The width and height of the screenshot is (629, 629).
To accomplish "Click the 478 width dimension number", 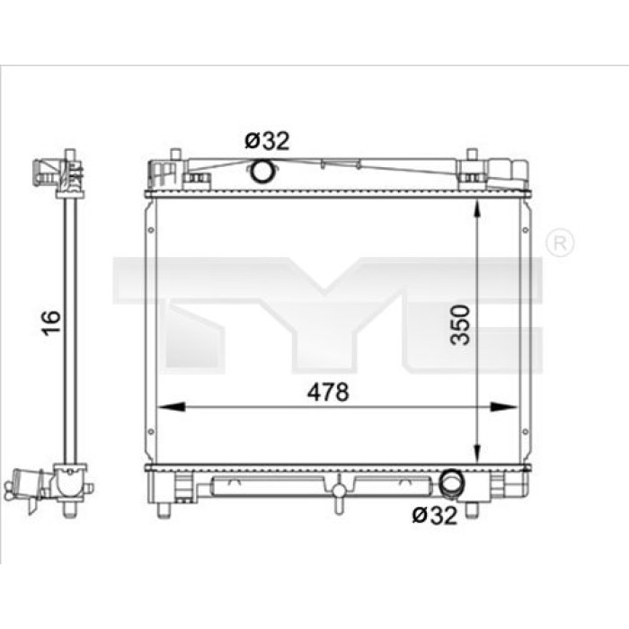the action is (x=328, y=392).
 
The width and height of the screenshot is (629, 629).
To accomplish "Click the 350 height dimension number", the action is (x=460, y=325).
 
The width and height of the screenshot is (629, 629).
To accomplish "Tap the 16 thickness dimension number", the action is (x=51, y=323).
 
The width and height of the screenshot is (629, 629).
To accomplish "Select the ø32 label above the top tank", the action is (x=267, y=141).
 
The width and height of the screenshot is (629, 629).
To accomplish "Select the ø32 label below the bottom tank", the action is (x=434, y=515).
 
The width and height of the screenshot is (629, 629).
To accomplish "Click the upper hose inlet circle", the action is (x=261, y=171).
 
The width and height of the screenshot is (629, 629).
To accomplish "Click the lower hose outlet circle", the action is (x=451, y=483).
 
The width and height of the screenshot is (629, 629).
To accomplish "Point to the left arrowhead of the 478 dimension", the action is (x=172, y=407).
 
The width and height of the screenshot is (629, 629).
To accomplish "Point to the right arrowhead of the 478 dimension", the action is (x=504, y=407).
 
